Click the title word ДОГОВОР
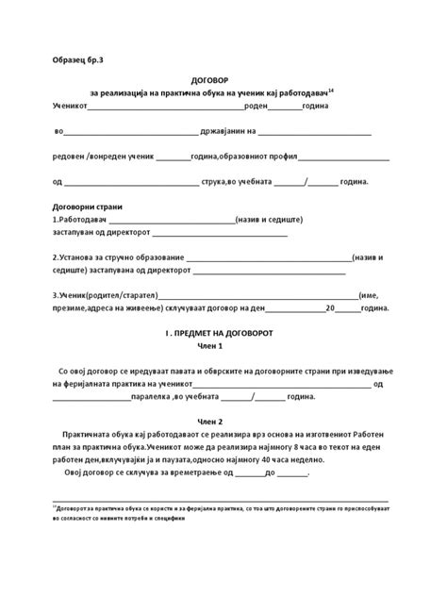point(223,81)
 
